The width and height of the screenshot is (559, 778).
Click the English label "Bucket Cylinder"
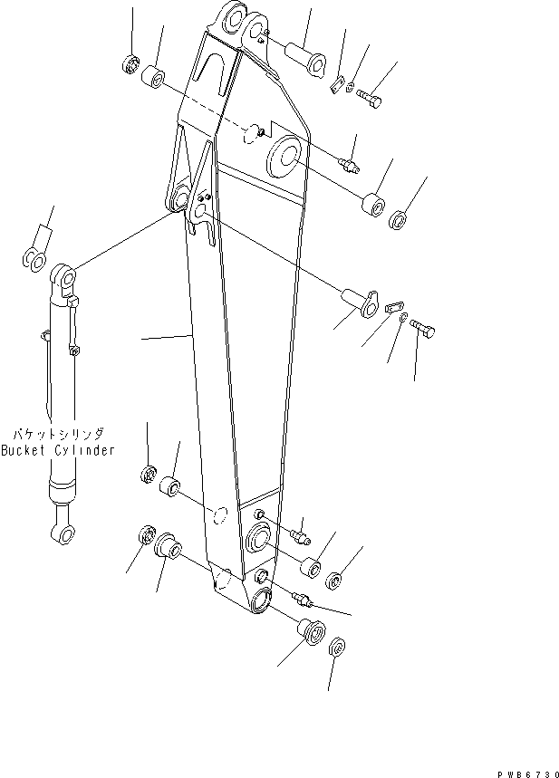click(57, 450)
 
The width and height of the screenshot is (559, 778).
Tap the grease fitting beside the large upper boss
click(349, 164)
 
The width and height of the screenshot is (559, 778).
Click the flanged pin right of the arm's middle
click(359, 302)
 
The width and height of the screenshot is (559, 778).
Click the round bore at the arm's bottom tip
click(261, 600)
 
